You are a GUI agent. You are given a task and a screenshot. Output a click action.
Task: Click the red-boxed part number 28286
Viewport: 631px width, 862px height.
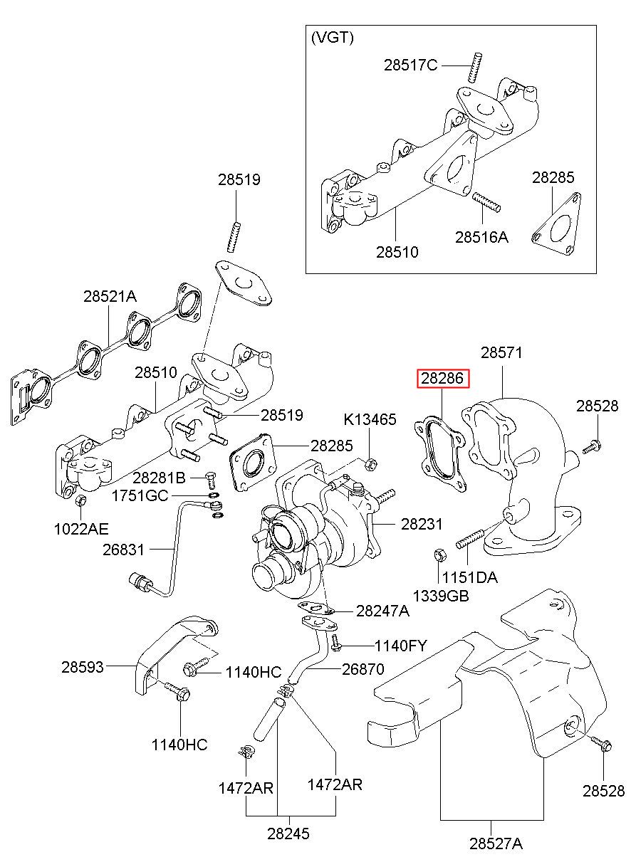pyautogui.click(x=444, y=379)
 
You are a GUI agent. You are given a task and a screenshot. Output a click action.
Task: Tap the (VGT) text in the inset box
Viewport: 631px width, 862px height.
pyautogui.click(x=332, y=38)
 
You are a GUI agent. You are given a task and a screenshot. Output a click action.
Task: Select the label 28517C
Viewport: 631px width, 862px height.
pyautogui.click(x=410, y=65)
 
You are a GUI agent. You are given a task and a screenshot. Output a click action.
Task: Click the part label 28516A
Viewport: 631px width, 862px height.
pyautogui.click(x=481, y=237)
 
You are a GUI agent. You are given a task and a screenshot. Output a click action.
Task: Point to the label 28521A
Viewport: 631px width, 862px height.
pyautogui.click(x=110, y=296)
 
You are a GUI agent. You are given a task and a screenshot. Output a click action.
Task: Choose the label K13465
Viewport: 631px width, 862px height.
pyautogui.click(x=370, y=419)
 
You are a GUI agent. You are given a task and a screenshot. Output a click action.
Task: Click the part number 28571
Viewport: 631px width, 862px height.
pyautogui.click(x=501, y=352)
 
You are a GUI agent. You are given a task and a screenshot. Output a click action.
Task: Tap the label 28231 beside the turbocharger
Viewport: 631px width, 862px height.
pyautogui.click(x=422, y=524)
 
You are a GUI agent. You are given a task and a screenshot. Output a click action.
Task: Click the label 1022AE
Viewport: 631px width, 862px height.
pyautogui.click(x=80, y=529)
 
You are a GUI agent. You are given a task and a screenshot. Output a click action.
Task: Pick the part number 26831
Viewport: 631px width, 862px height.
pyautogui.click(x=123, y=550)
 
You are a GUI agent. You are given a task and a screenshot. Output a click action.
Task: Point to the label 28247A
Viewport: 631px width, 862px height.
pyautogui.click(x=382, y=610)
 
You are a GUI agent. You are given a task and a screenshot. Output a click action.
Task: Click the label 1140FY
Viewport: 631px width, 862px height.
pyautogui.click(x=401, y=646)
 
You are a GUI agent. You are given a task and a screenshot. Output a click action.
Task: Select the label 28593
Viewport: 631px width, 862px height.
pyautogui.click(x=82, y=667)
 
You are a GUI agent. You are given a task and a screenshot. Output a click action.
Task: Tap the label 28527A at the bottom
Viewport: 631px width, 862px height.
pyautogui.click(x=496, y=844)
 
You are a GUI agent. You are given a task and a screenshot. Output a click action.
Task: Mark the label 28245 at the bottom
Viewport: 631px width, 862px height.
pyautogui.click(x=288, y=834)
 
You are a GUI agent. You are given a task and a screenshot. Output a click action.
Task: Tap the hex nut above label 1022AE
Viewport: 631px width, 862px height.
pyautogui.click(x=80, y=503)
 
